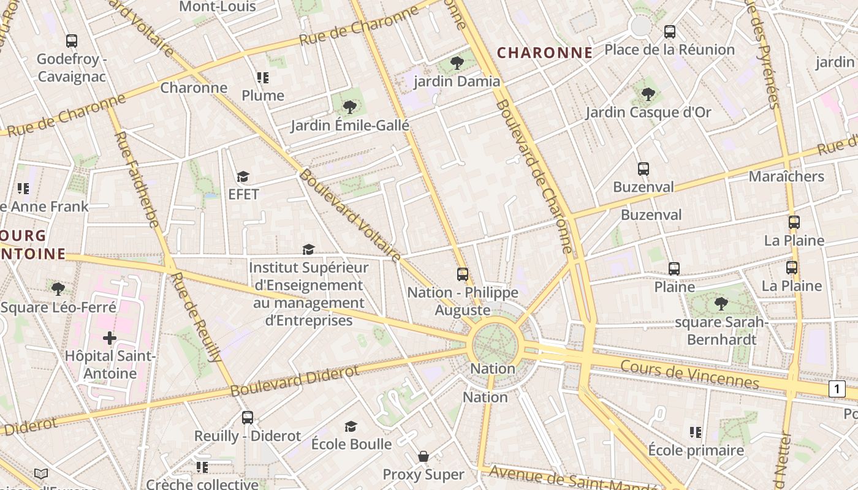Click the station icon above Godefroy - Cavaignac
72,41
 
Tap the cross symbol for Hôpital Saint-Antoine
110,337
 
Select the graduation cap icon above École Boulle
351,426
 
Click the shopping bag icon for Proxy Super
423,456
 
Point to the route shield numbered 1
837,388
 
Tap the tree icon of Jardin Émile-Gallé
349,107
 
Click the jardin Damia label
457,81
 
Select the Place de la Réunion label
669,50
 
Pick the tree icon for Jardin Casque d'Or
648,94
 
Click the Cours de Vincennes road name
689,374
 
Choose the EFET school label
243,194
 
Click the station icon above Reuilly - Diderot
247,418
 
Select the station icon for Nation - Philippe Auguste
463,274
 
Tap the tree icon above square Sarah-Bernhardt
721,303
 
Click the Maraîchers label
786,176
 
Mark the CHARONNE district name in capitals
544,53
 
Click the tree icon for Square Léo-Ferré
58,288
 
